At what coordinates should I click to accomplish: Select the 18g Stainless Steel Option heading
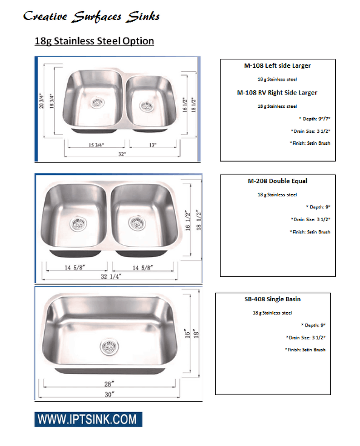click(x=94, y=41)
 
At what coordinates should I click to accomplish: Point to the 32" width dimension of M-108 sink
click(x=122, y=155)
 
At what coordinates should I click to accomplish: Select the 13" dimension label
click(x=152, y=145)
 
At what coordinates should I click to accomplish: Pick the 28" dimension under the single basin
click(x=108, y=384)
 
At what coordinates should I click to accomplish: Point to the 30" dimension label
click(x=109, y=394)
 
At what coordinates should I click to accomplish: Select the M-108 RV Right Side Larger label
click(x=278, y=93)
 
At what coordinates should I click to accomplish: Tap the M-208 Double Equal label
click(x=277, y=181)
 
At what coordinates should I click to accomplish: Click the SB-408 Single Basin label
click(x=273, y=299)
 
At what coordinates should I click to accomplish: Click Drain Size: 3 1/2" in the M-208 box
click(x=311, y=219)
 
